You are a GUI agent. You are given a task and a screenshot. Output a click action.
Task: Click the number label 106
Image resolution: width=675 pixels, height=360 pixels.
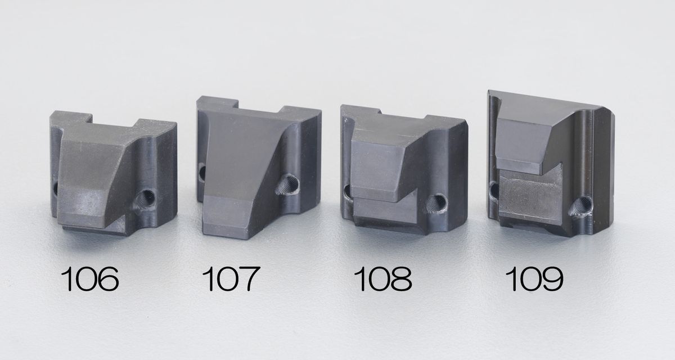coord(89,278)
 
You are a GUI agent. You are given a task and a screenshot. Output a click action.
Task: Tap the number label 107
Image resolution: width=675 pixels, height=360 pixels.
coord(231,278)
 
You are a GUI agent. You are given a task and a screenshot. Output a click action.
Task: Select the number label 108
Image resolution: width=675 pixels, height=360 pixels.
coord(382,278)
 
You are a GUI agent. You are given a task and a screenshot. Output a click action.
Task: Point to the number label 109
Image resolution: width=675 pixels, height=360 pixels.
coord(534,278)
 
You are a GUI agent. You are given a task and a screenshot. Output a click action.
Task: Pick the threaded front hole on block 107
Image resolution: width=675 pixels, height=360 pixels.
coord(287,184)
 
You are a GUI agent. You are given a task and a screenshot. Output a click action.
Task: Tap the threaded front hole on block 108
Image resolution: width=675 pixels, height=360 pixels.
coord(436,204)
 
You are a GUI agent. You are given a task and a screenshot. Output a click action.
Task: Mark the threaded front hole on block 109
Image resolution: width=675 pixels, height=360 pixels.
coord(582,206)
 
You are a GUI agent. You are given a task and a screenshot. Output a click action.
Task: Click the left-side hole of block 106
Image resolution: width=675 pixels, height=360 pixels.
coord(55,188)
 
